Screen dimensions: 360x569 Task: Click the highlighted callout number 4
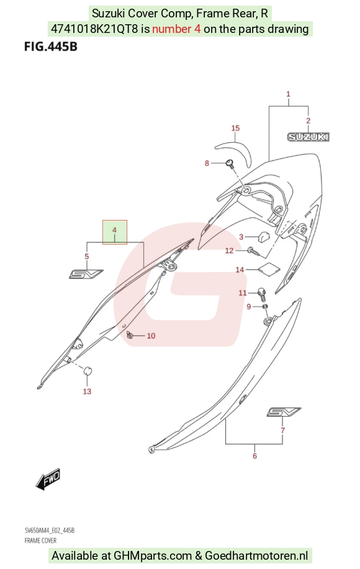coord(115,230)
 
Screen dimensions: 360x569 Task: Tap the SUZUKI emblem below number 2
coord(308,137)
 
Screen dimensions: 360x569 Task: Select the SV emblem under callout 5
coord(86,274)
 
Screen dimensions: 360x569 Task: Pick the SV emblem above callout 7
coord(284,412)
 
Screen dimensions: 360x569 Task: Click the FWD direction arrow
coord(48,479)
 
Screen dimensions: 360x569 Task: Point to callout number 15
coord(235,128)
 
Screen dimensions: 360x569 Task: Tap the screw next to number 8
coord(230,163)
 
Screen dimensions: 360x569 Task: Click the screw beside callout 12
coord(254,252)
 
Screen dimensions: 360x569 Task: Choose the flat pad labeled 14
coord(269,268)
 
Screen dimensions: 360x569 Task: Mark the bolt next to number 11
coord(262,294)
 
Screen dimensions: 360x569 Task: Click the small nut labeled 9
coord(265,307)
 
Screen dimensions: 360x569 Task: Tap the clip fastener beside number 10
coord(130,335)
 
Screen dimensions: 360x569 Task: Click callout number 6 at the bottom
coord(254,456)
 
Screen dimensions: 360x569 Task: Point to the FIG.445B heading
coord(51,47)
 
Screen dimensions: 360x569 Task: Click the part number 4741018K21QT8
coord(94,29)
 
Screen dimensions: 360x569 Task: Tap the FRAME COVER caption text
coord(40,540)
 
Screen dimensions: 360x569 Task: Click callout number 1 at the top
coord(288,94)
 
